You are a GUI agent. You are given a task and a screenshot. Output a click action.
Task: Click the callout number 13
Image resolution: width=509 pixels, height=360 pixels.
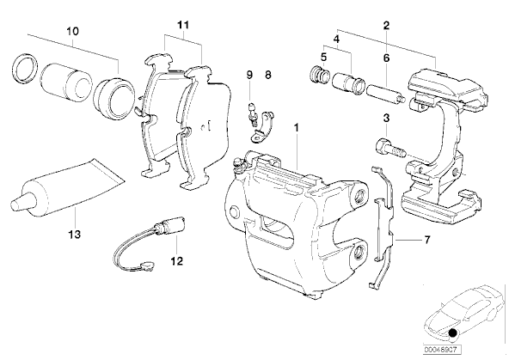pos(74,234)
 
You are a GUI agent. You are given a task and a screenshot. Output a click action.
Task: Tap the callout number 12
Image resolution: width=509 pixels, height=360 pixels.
pos(177,260)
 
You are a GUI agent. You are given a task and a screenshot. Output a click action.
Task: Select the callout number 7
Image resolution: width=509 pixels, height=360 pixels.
pos(427,240)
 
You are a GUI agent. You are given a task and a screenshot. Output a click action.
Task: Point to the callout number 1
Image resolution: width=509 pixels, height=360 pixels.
pos(296,127)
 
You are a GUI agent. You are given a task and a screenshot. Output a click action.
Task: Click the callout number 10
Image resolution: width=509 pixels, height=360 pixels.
pos(73,32)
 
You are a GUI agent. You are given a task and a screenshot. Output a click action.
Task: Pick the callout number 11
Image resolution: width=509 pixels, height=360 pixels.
pos(183,25)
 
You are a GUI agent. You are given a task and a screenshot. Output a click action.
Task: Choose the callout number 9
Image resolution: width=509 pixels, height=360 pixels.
pos(249,75)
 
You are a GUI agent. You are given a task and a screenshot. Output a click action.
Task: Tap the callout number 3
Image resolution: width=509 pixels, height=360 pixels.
pos(386,118)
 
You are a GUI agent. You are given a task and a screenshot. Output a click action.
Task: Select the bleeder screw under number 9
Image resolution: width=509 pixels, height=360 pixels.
pos(252,113)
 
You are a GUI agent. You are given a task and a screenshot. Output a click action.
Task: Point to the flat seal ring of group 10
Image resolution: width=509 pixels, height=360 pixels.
pos(25,68)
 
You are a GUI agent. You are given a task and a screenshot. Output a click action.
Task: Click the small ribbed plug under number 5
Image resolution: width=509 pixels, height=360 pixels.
pos(320,75)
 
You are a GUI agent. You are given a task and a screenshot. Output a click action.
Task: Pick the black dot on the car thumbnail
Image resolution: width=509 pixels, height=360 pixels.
pos(452,333)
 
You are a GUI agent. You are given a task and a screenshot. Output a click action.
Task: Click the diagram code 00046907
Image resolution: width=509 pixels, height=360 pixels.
pos(441,350)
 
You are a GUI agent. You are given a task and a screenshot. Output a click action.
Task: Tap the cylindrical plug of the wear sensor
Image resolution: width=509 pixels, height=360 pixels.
pos(170,224)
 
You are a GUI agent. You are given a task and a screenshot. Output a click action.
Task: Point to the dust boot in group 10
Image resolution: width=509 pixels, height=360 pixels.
pos(113,99)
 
